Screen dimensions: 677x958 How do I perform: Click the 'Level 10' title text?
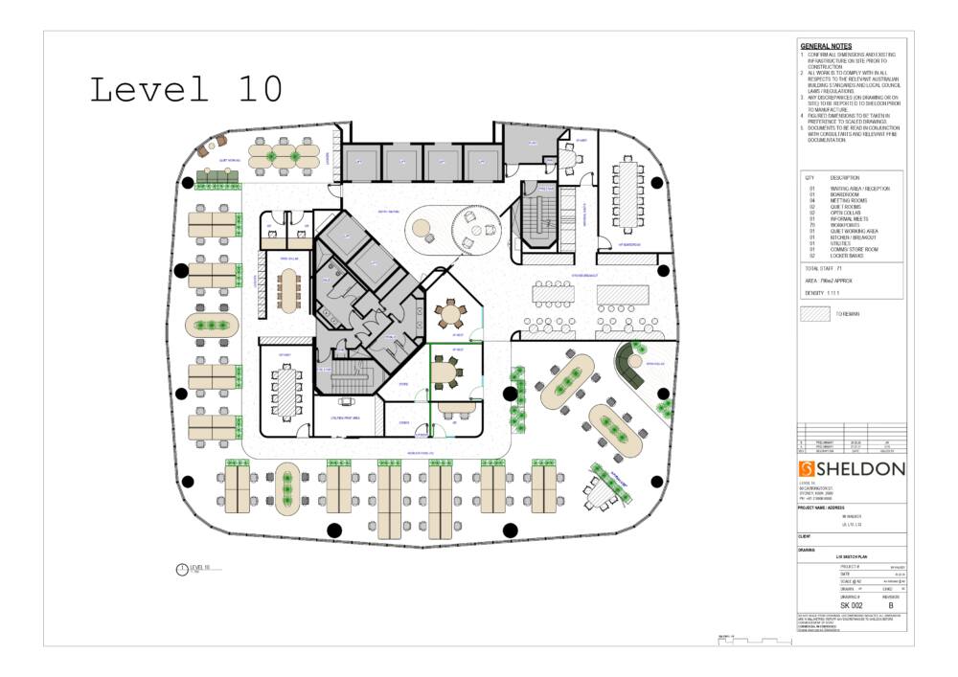[186, 89]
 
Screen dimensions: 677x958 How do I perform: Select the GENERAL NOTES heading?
[826, 46]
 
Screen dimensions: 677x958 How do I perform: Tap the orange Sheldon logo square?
[807, 468]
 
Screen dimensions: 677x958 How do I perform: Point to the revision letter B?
[891, 606]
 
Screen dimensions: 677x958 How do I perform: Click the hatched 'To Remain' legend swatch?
[814, 313]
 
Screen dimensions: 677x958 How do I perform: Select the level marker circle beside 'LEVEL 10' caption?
[183, 570]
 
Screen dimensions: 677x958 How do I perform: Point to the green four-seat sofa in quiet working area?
[217, 176]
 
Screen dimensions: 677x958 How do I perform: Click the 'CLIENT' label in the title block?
[805, 536]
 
